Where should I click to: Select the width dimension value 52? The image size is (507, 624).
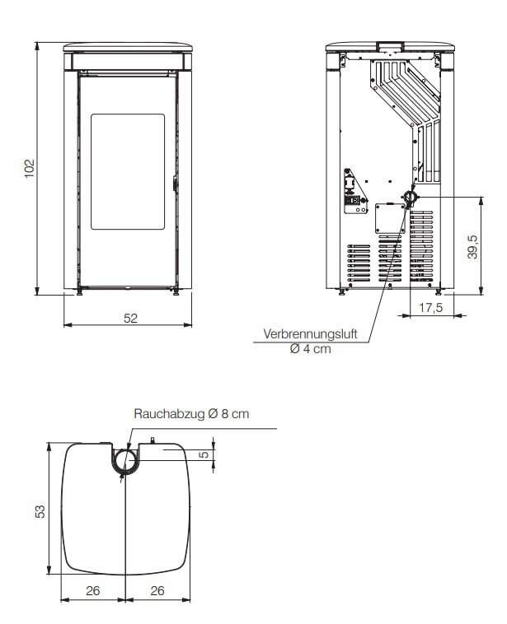pyautogui.click(x=131, y=319)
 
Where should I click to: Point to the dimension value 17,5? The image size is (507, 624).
pyautogui.click(x=431, y=308)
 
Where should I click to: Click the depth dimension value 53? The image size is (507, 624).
pyautogui.click(x=39, y=511)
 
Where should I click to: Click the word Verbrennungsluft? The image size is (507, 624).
pyautogui.click(x=317, y=336)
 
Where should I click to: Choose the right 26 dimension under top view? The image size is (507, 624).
pyautogui.click(x=157, y=589)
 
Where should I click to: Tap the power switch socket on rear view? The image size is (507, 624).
pyautogui.click(x=357, y=198)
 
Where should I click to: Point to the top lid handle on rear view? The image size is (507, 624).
pyautogui.click(x=388, y=44)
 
